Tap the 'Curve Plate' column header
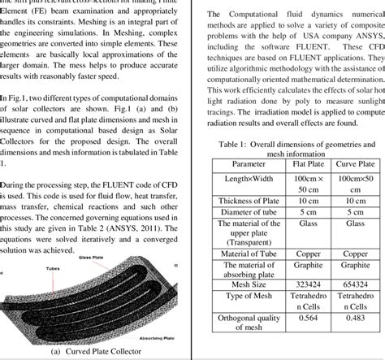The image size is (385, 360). [x=353, y=163]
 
